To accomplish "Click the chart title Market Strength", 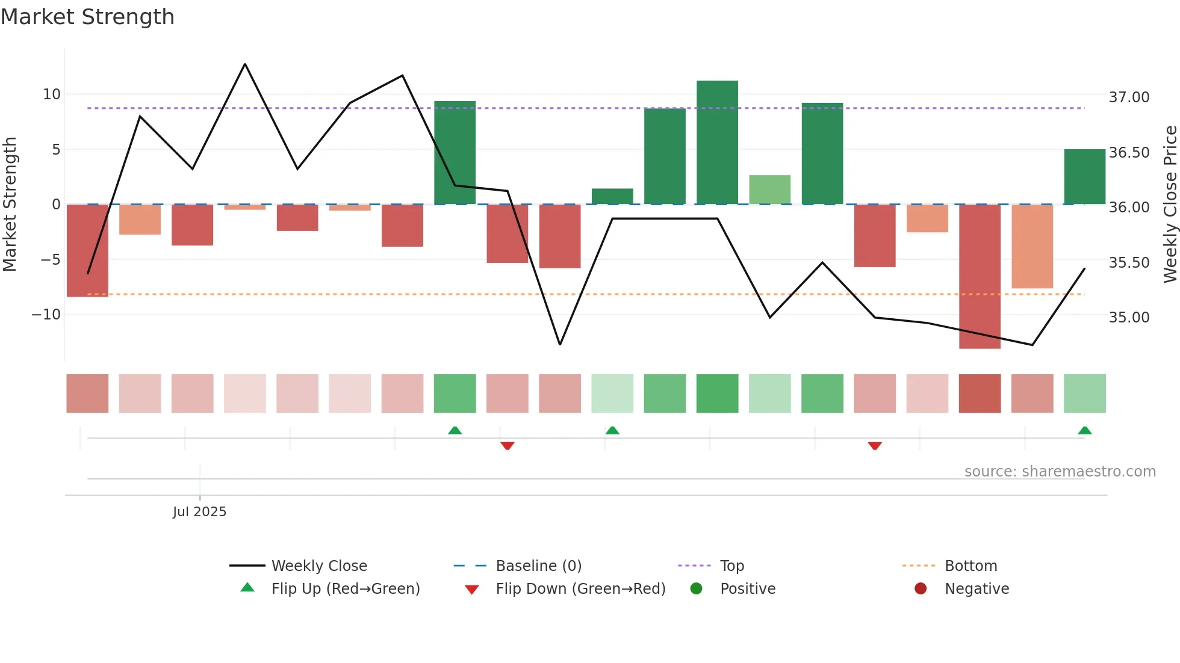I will point(88,17).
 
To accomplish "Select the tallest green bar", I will point(717,143).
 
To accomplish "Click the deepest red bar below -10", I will point(980,276).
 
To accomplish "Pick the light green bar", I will point(769,190).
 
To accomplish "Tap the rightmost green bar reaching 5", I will point(1084,176).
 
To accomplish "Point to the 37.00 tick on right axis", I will point(1129,97).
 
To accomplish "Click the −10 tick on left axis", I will point(46,315).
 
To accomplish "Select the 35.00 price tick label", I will point(1129,318).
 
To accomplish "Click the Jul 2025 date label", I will point(199,512).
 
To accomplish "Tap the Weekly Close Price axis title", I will point(1170,205).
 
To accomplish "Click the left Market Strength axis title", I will point(10,205).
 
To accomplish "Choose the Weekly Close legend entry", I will point(319,566).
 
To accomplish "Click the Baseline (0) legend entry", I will point(538,566).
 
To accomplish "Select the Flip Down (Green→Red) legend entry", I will point(580,589).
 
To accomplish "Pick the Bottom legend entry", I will point(970,566).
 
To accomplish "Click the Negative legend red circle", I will point(921,589).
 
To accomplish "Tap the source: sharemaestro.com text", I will point(1060,472).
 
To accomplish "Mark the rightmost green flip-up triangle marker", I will point(1084,431).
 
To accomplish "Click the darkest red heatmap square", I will point(980,393).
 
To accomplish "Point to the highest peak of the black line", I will point(245,64).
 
